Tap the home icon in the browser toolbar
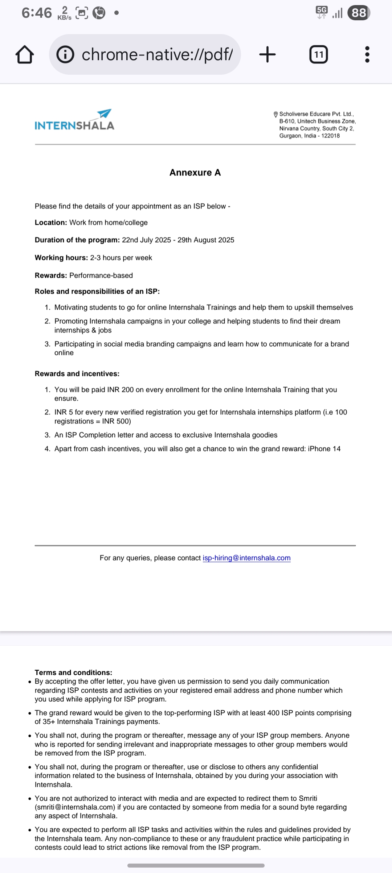(x=25, y=55)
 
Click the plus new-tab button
(x=268, y=55)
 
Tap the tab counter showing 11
(x=318, y=55)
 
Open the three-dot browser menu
(x=367, y=55)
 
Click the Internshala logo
(x=74, y=120)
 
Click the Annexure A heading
(x=195, y=173)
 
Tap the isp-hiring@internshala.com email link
(x=246, y=558)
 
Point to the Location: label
(x=51, y=223)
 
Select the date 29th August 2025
(x=206, y=240)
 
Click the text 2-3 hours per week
(x=121, y=258)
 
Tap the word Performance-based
(x=101, y=276)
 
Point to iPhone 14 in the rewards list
(x=324, y=449)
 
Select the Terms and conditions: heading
(x=73, y=673)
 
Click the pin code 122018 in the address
(x=330, y=136)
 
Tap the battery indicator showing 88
(x=358, y=13)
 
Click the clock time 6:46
(x=37, y=13)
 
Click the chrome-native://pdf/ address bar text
(x=157, y=55)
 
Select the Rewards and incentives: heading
(x=77, y=374)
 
